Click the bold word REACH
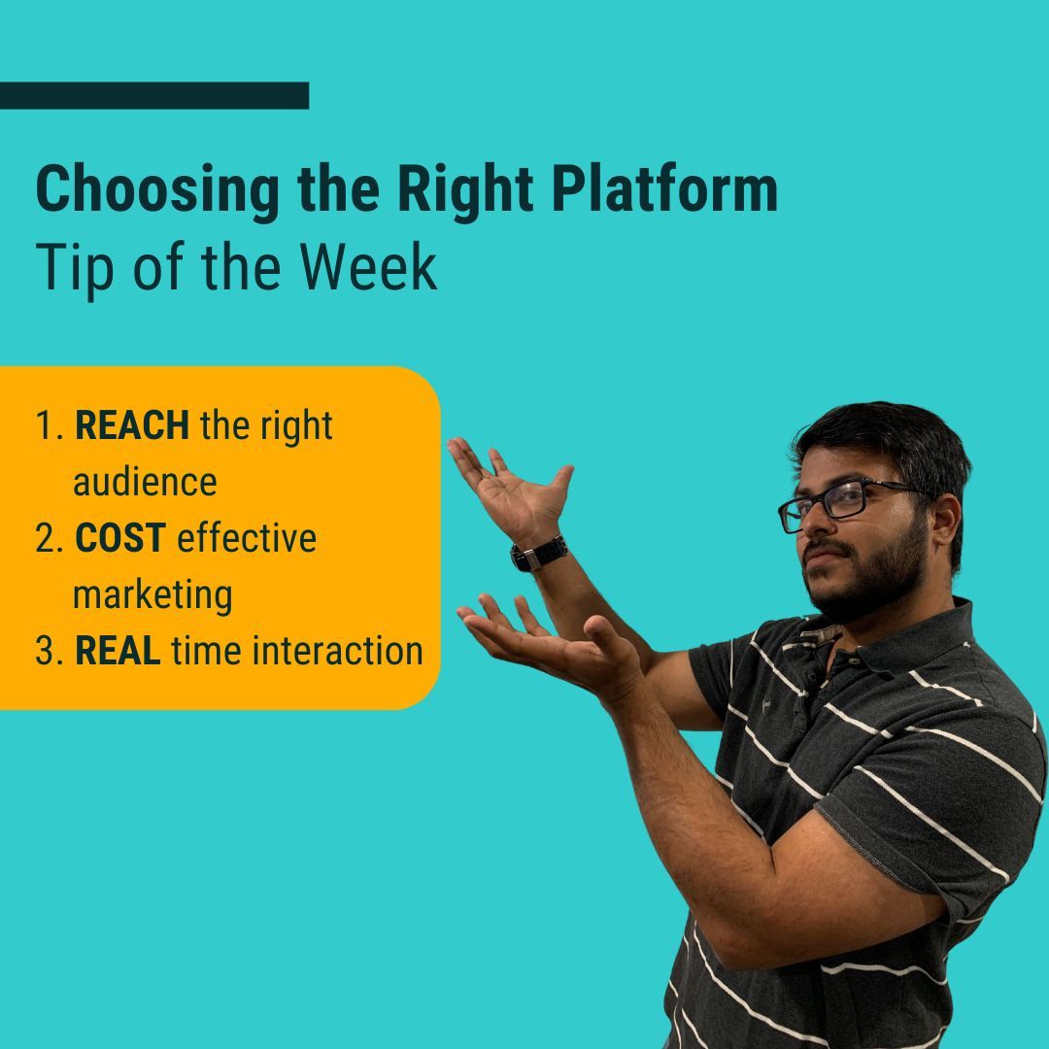tap(132, 426)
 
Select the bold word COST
tap(120, 538)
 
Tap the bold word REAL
tap(118, 651)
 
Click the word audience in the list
tap(145, 483)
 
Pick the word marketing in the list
tap(152, 595)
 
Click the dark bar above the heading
tap(153, 95)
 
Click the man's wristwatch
tap(539, 553)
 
